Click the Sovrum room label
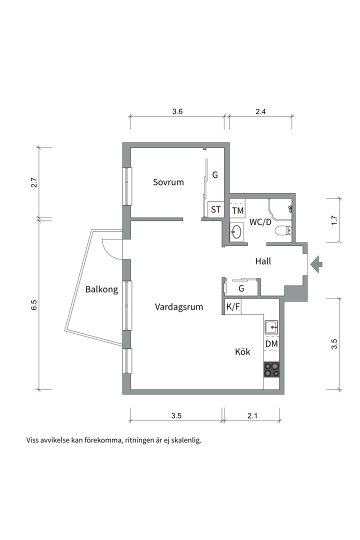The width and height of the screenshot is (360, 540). [x=168, y=182]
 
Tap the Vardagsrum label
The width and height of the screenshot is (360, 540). [x=179, y=307]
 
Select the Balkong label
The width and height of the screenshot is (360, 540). [x=101, y=289]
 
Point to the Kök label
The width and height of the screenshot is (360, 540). [x=242, y=351]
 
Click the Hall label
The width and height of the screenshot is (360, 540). [x=263, y=261]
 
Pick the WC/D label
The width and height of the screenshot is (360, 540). [x=260, y=222]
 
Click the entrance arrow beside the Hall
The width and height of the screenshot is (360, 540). [x=316, y=264]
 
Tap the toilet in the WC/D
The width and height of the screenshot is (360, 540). [x=283, y=230]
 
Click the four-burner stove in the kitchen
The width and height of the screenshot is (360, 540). [x=271, y=370]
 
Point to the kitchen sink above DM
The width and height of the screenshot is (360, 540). [x=272, y=326]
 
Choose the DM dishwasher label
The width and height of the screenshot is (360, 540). [x=271, y=343]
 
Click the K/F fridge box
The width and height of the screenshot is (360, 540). [x=233, y=307]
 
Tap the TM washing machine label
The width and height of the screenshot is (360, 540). [x=237, y=210]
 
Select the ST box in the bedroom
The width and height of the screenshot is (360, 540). [x=215, y=209]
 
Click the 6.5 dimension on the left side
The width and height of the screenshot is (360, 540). [x=33, y=305]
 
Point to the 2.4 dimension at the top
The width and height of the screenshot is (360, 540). [x=261, y=111]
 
